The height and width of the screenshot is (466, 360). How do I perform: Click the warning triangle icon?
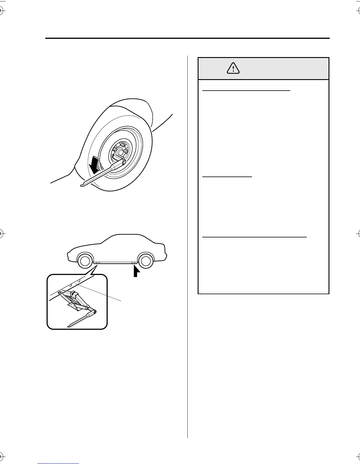click(x=233, y=69)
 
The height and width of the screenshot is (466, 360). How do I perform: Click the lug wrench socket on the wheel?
click(x=124, y=162)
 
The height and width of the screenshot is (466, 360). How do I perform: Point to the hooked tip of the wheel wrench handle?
click(x=82, y=185)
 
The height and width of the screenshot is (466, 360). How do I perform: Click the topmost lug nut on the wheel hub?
click(x=121, y=144)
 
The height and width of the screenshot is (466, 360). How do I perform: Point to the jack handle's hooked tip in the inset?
click(x=69, y=326)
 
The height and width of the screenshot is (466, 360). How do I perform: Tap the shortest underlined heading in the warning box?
click(x=227, y=177)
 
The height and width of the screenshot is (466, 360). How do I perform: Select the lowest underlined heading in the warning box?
click(x=254, y=237)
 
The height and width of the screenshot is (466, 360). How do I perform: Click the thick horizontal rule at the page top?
click(x=187, y=38)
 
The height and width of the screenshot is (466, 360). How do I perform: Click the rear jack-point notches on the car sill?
click(x=134, y=262)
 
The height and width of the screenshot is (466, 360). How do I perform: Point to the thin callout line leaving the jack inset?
click(x=100, y=293)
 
